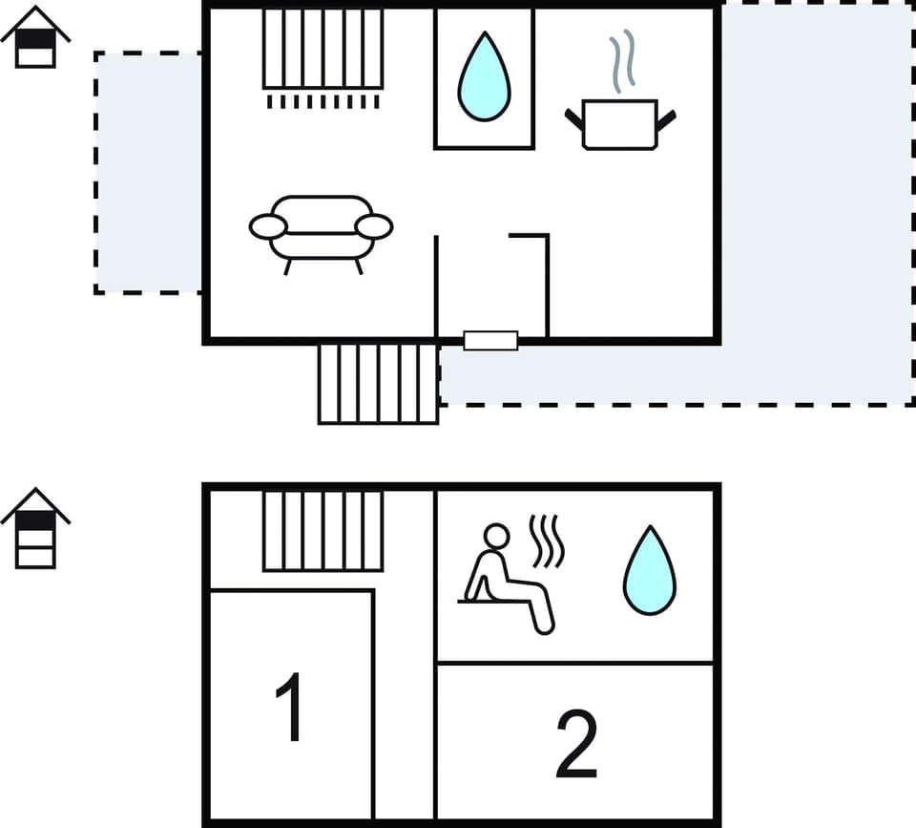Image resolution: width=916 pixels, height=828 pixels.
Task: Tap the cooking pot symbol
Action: coord(620,124)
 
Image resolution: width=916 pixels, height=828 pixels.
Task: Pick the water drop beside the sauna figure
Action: coord(650,570)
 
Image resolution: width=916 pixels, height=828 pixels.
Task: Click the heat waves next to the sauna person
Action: coord(548,541)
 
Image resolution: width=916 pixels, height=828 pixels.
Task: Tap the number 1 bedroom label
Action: coord(289,707)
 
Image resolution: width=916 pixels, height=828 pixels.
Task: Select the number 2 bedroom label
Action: coord(576,744)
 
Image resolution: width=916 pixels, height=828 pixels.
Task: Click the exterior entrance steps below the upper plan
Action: coord(378,383)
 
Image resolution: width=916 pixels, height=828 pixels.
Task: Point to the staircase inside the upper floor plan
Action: coord(323,49)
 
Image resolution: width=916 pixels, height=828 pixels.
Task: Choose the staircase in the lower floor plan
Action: coord(323,530)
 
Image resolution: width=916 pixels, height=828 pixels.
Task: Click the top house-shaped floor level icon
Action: coord(35,38)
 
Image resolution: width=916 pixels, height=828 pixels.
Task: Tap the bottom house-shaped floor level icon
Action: coord(35,528)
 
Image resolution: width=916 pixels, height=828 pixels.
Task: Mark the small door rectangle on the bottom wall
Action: coord(490,340)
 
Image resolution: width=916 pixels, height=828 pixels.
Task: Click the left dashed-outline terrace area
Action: coord(148,172)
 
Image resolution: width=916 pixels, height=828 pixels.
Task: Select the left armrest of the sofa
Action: coord(268,226)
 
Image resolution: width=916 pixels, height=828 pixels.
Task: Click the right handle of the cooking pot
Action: coord(666,119)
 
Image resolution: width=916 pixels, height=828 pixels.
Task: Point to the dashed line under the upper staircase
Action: coord(323,101)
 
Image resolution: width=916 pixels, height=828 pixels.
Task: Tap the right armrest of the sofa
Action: coord(374,226)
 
